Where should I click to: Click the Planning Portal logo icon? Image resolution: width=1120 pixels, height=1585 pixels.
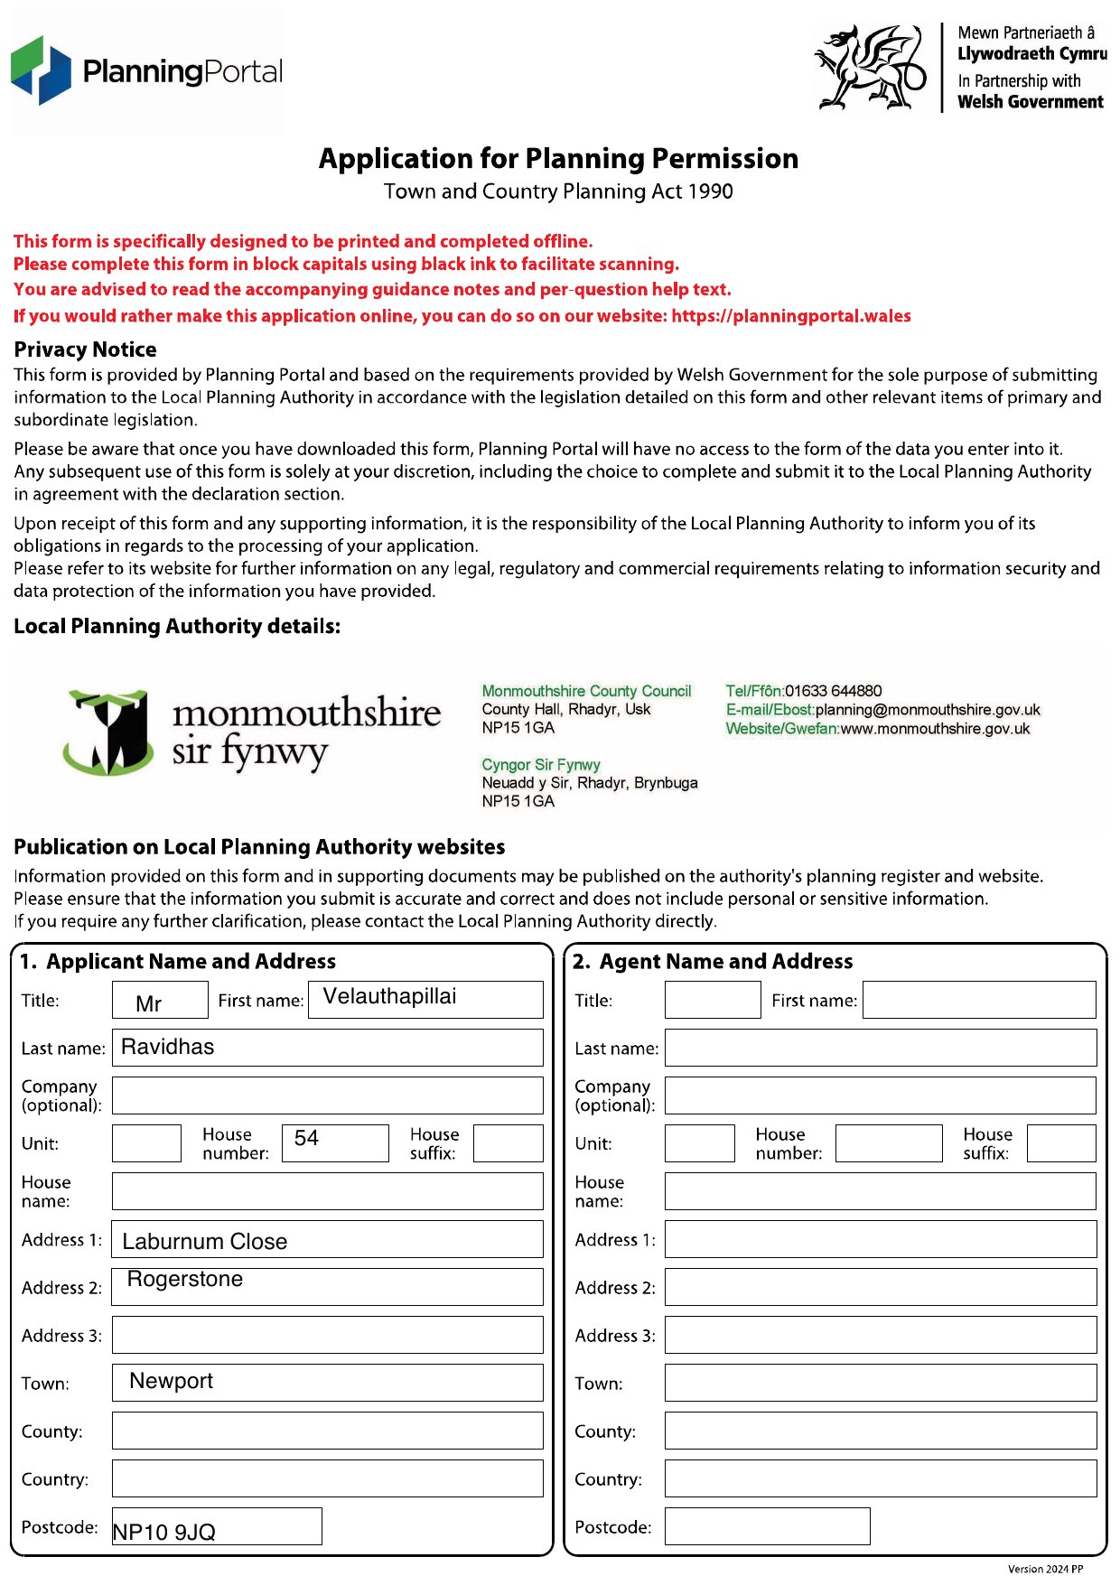41,70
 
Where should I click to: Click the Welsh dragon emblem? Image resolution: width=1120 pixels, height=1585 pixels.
870,68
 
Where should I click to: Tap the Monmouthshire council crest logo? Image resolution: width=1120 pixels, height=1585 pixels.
108,732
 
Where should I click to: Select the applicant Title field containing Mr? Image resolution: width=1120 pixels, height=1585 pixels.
160,1001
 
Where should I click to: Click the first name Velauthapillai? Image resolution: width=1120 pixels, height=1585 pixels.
390,997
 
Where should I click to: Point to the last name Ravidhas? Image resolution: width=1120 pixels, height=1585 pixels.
168,1048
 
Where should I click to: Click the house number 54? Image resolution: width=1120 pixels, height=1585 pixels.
306,1139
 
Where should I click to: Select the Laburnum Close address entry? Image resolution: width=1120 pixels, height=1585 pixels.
205,1242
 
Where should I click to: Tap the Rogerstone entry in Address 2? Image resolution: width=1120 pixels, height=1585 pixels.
185,1280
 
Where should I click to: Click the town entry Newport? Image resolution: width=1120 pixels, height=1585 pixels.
172,1382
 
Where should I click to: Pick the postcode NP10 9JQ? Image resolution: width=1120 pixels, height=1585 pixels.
164,1533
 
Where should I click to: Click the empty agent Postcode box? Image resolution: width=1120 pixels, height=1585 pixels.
767,1526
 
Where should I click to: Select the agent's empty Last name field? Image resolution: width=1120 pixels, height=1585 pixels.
881,1048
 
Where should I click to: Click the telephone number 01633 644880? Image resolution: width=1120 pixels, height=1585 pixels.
833,691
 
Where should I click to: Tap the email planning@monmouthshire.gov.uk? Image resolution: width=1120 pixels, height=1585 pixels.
928,710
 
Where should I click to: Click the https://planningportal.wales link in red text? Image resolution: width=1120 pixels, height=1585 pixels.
791,316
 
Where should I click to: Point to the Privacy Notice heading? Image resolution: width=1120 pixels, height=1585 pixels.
85,350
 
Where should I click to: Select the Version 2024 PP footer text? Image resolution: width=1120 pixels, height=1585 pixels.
1045,1569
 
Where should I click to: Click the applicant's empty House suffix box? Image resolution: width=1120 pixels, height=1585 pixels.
508,1143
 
